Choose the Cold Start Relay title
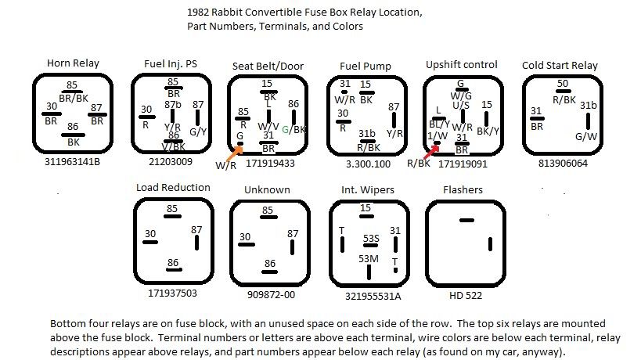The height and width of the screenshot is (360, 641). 560,66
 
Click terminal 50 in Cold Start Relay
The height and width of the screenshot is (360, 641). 562,83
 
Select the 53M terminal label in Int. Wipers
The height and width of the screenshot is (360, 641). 369,258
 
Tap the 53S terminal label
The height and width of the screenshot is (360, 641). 371,239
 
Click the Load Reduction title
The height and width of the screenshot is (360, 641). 173,188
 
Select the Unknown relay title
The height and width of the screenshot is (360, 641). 267,189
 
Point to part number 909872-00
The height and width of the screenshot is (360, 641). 267,295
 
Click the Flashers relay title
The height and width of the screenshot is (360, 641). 463,189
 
